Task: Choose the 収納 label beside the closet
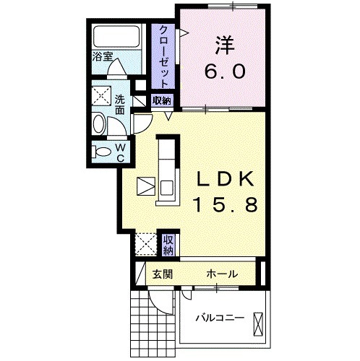[162, 100]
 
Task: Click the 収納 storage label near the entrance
[168, 245]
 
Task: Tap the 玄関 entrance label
[160, 274]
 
